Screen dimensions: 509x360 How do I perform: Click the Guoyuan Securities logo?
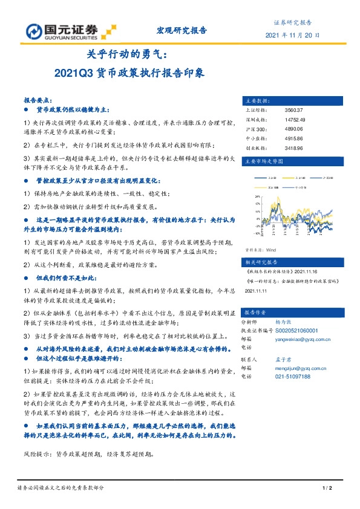(x=67, y=31)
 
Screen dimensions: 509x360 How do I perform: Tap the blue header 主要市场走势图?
(x=263, y=162)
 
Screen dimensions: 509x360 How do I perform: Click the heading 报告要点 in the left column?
(x=38, y=100)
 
